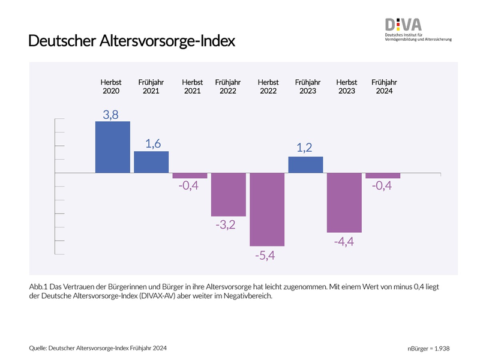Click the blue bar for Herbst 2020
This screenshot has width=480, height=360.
pos(113,147)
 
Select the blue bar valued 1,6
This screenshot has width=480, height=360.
pos(151,162)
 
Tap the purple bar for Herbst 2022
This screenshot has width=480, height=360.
pos(267,209)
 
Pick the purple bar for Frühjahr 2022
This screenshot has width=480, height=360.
pos(229,194)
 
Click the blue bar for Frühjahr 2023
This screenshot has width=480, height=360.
pos(305,165)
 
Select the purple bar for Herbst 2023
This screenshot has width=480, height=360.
pos(344,203)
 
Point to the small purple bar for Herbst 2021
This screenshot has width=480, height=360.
pos(190,176)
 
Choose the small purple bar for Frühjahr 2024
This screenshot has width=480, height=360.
pos(383,176)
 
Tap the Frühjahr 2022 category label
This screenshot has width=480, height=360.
pos(229,86)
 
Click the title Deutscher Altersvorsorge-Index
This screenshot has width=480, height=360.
pos(132,41)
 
